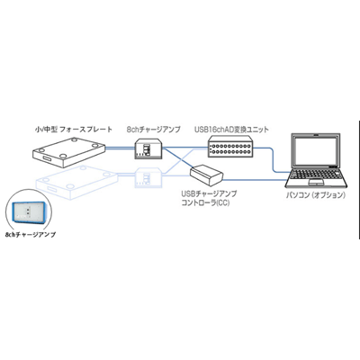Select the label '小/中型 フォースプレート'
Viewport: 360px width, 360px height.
[71, 130]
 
